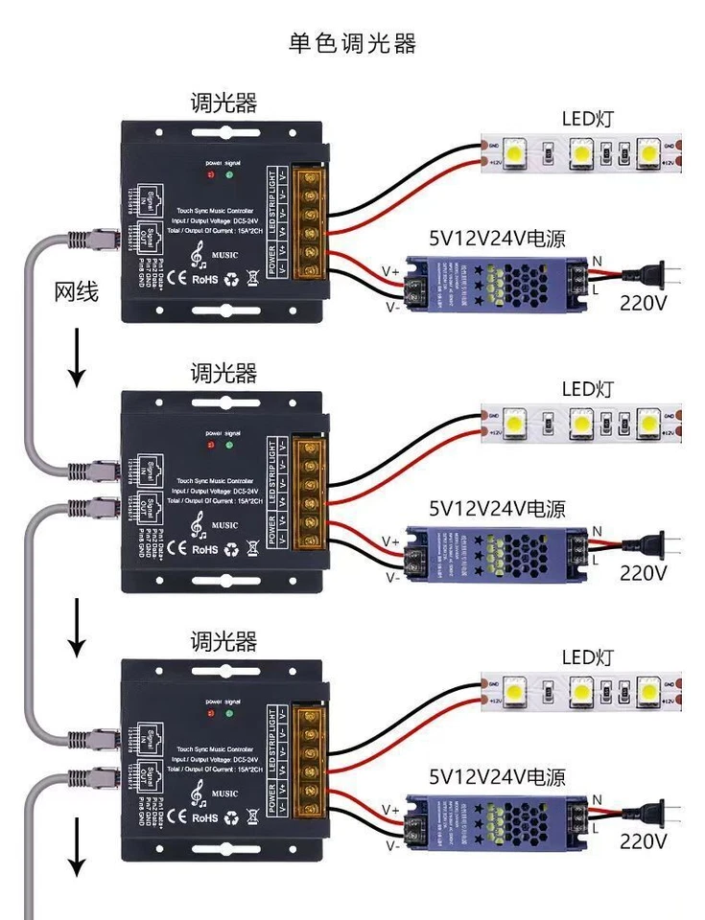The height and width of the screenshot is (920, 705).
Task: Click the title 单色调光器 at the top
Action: tap(352, 43)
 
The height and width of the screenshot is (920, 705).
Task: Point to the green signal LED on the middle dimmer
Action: tap(228, 445)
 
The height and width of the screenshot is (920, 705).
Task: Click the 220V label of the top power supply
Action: tap(643, 304)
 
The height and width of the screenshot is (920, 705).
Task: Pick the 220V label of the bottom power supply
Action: tap(643, 840)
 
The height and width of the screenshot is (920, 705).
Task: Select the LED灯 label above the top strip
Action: tap(587, 119)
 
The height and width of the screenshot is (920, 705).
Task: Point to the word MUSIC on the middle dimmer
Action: tap(225, 525)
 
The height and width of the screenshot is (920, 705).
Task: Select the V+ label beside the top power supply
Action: tap(390, 272)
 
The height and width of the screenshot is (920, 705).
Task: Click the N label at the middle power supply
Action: tap(598, 531)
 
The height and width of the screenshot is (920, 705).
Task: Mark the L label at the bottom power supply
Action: tap(596, 825)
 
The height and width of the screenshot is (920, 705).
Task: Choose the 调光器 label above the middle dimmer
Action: tap(223, 372)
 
